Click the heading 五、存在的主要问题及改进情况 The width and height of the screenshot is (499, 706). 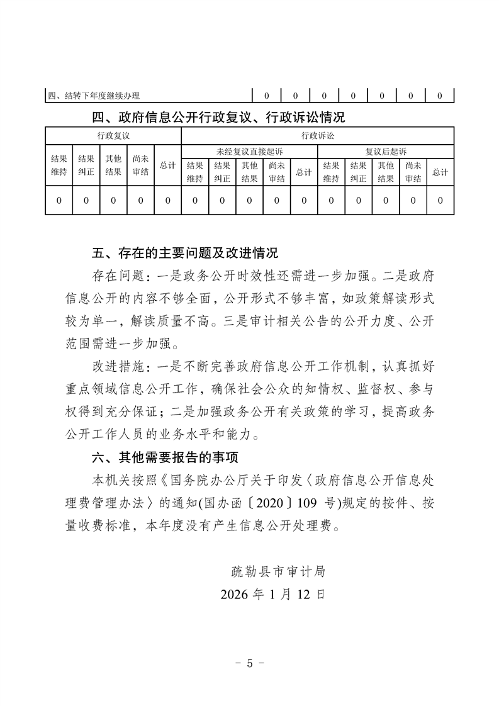click(x=184, y=254)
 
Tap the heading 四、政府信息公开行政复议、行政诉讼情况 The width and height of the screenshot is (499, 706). click(x=218, y=117)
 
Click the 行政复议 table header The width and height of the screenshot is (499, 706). click(x=113, y=135)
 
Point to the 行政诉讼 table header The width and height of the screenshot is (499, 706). click(x=317, y=135)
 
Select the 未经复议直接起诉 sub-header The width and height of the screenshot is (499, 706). click(x=249, y=151)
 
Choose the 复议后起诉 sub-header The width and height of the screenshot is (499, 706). click(x=386, y=151)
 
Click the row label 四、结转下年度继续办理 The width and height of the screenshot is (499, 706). click(x=94, y=96)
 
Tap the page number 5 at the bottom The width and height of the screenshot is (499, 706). click(x=249, y=663)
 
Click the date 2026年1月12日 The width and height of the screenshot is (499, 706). click(x=273, y=594)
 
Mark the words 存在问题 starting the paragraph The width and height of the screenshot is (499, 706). click(x=113, y=276)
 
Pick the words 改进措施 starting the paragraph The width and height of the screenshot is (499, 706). click(x=113, y=367)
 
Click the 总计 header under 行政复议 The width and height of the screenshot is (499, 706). click(x=167, y=165)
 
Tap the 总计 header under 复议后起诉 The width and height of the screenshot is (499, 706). click(x=440, y=172)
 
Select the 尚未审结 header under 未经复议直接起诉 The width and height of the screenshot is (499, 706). click(x=276, y=172)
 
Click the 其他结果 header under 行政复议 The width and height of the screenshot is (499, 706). click(x=113, y=165)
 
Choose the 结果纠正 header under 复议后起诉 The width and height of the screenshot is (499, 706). click(x=358, y=172)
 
